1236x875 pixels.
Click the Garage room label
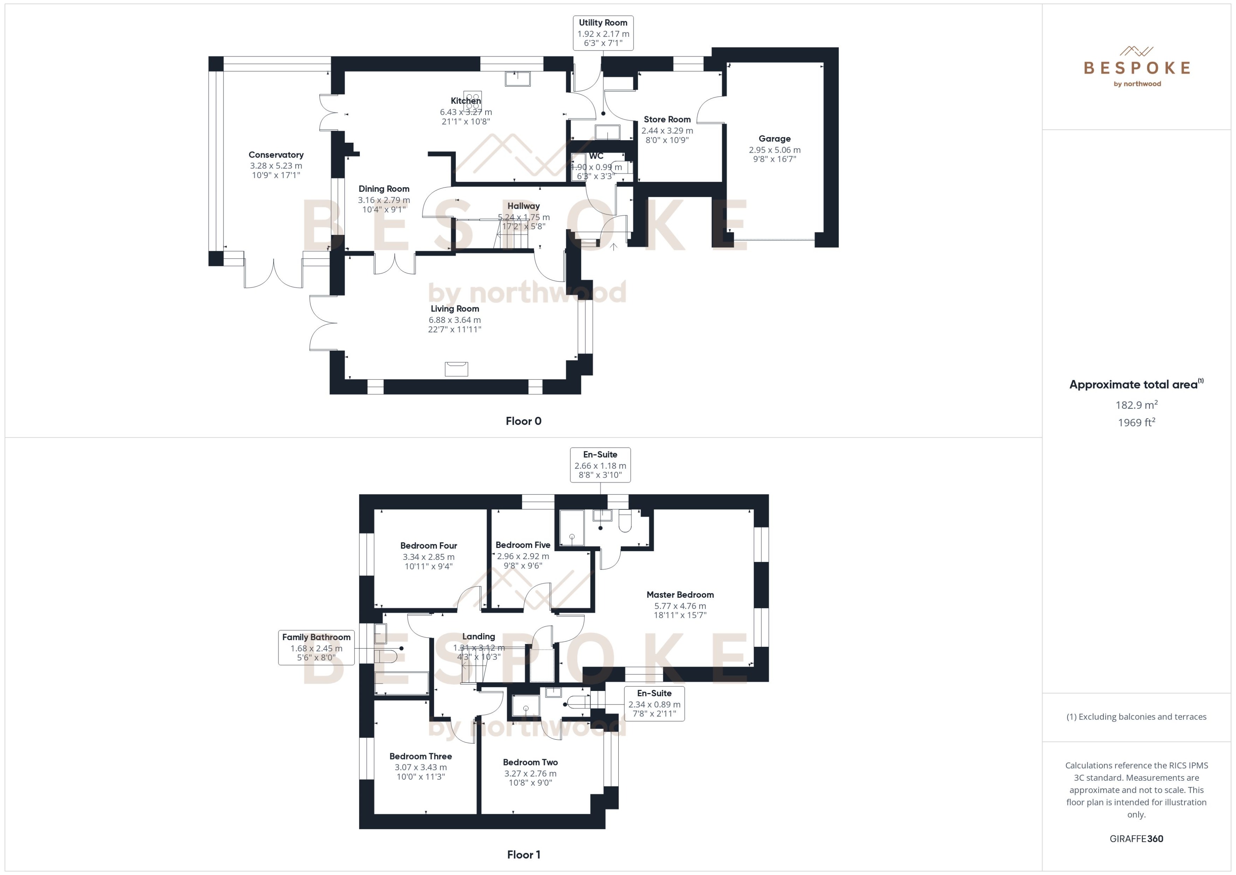(774, 138)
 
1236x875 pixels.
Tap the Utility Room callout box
(603, 33)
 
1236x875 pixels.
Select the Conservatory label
(276, 155)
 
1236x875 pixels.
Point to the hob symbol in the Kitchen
(472, 101)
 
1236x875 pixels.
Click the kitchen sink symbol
(517, 79)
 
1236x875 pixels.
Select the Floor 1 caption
(523, 855)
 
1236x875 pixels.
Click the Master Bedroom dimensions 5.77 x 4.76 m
(680, 605)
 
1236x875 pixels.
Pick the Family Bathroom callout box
(316, 647)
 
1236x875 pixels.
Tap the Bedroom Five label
(522, 545)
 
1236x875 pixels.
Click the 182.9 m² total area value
(1136, 404)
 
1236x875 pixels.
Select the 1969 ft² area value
(1136, 422)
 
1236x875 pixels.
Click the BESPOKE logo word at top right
(1136, 68)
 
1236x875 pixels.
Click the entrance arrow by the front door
(613, 247)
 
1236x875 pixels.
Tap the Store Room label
(667, 119)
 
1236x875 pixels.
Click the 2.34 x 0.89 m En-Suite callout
(654, 704)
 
